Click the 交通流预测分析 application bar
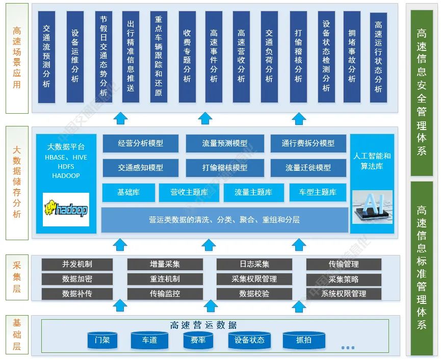coord(46,57)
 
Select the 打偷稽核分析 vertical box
coord(298,57)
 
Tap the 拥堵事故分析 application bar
coord(352,57)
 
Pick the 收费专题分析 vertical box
coord(187,57)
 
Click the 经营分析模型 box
coord(141,143)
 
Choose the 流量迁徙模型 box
coord(308,167)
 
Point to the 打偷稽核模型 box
coord(224,167)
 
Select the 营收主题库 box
coord(189,192)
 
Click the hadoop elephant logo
coord(66,209)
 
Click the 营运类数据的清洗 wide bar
coord(224,220)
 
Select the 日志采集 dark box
coord(254,264)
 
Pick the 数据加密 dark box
coord(77,279)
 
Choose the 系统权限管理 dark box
coord(344,294)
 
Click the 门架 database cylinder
coord(102,340)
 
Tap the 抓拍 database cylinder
coord(304,340)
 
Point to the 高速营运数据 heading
coord(203,325)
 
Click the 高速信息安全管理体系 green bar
coord(422,90)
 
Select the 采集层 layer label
coord(17,277)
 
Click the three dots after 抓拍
coord(348,348)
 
